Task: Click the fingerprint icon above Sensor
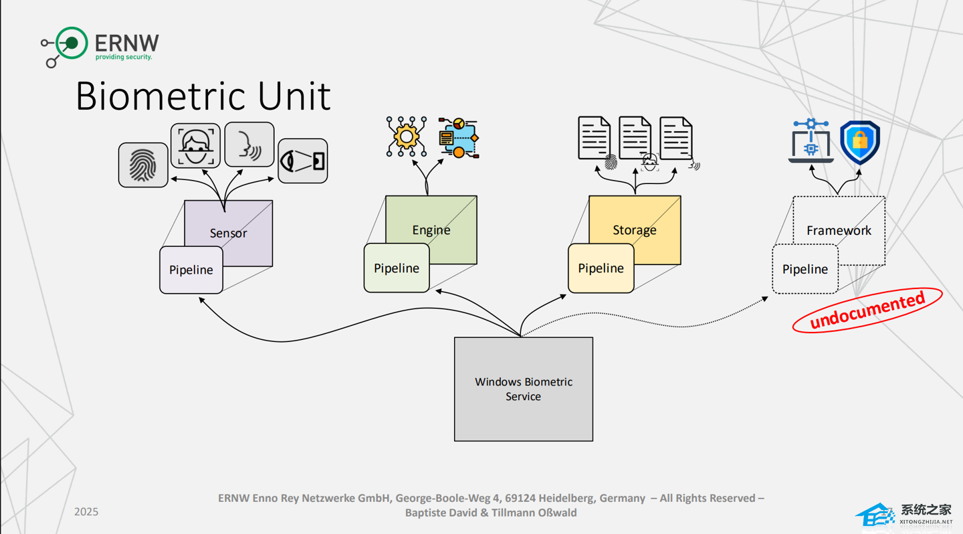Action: (143, 165)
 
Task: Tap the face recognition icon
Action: (195, 145)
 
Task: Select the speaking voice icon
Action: (249, 144)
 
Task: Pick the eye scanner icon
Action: (303, 161)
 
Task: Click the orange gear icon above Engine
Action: (406, 137)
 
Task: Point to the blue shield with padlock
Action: (860, 142)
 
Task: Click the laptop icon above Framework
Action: (811, 142)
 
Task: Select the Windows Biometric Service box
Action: (524, 389)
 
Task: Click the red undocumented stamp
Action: (867, 310)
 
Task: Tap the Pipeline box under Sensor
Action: (191, 270)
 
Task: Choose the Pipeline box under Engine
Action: (397, 268)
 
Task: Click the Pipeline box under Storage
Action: (601, 268)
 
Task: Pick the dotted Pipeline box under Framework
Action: (805, 269)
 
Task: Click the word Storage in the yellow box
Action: (635, 230)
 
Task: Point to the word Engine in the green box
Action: (431, 230)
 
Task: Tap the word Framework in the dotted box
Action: (839, 231)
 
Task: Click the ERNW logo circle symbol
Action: (71, 43)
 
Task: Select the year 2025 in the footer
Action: (86, 512)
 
